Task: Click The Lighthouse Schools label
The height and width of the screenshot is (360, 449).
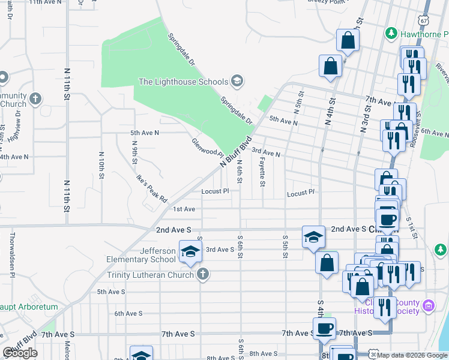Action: (183, 82)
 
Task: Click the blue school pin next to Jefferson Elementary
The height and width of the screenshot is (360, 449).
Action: (190, 252)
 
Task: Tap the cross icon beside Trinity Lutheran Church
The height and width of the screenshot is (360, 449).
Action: (202, 274)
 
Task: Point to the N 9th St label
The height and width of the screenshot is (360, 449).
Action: (136, 152)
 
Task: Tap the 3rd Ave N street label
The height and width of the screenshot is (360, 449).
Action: (266, 153)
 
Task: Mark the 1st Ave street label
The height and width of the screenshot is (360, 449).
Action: (184, 209)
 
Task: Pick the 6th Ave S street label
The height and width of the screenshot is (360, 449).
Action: (128, 313)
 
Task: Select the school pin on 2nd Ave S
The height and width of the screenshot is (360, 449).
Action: (313, 237)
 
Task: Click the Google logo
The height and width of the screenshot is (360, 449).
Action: (20, 353)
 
